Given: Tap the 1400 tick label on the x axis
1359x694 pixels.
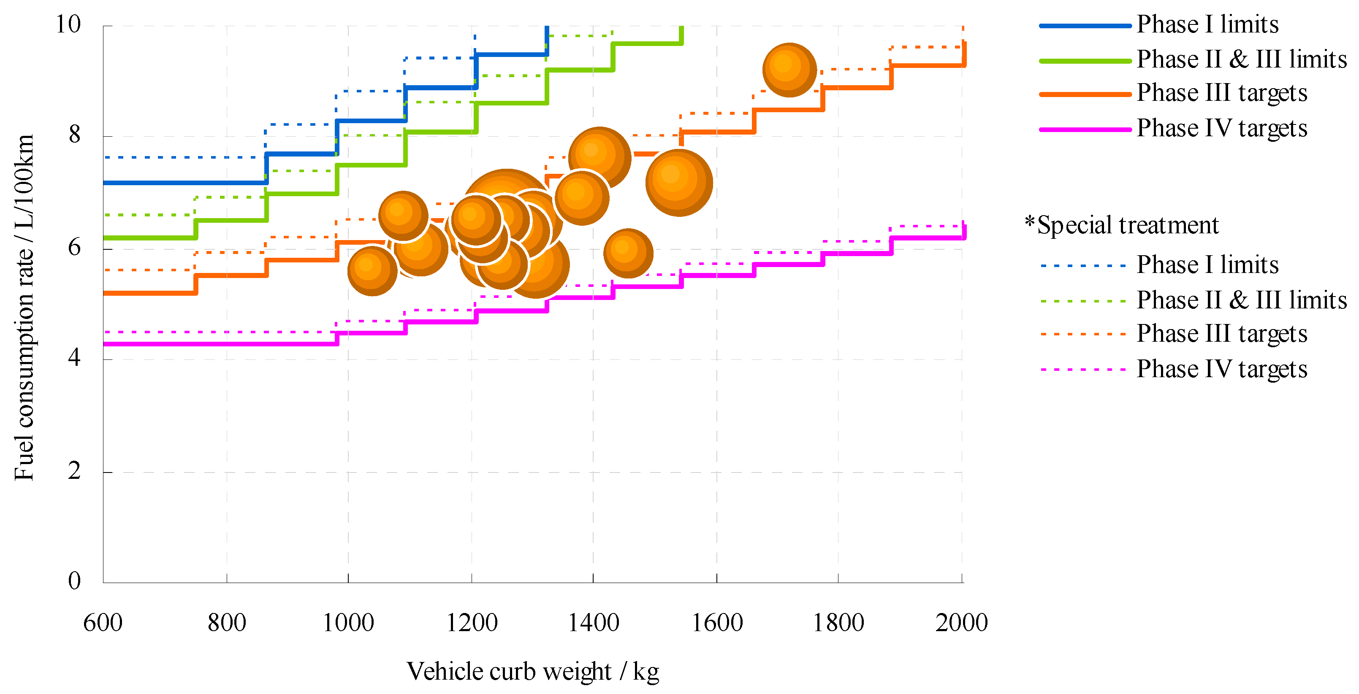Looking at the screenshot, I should pos(593,624).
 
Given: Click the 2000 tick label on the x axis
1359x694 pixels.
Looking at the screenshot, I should pos(961,624).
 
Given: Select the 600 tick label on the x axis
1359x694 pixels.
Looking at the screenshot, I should pos(103,624).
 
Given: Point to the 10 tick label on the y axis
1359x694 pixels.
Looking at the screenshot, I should pos(68,24).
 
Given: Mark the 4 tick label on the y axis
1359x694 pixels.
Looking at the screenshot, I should pos(74,359).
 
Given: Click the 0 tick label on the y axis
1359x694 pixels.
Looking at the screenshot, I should pos(74,581).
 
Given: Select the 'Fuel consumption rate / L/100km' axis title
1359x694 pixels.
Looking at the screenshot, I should pos(24,308).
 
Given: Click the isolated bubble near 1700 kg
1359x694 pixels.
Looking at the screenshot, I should pos(789,70).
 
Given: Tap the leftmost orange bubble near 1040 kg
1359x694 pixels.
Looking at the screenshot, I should pos(372,270).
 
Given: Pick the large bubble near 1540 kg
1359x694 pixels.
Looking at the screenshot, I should pos(679,182).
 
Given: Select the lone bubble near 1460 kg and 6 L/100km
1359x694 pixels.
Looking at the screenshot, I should pos(628,253).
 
